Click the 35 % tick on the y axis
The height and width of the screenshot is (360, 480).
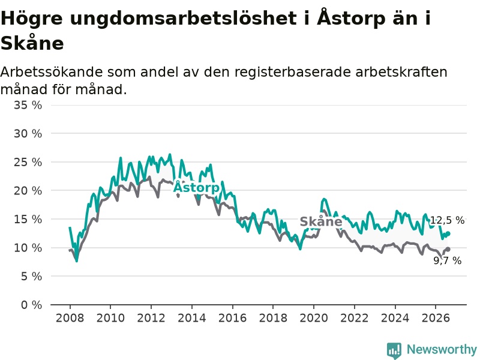pyautogui.click(x=28, y=106)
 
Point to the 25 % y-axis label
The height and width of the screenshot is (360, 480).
pyautogui.click(x=28, y=162)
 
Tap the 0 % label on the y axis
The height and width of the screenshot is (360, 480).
pyautogui.click(x=32, y=305)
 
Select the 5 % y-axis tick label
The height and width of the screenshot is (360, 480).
pyautogui.click(x=32, y=277)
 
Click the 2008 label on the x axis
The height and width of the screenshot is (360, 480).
pyautogui.click(x=70, y=318)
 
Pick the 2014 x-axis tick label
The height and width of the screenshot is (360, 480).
pyautogui.click(x=191, y=318)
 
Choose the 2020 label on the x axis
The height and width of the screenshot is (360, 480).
pyautogui.click(x=313, y=318)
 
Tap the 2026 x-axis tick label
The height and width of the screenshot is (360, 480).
pyautogui.click(x=436, y=318)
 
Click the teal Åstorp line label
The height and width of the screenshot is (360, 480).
pyautogui.click(x=196, y=187)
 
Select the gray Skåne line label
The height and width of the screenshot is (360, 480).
pyautogui.click(x=321, y=221)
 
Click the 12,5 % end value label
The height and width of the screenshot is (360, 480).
pyautogui.click(x=447, y=220)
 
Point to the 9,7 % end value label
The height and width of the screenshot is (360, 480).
pyautogui.click(x=448, y=260)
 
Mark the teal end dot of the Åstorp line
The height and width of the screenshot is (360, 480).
pyautogui.click(x=448, y=233)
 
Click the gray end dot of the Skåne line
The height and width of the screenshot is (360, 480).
pyautogui.click(x=448, y=250)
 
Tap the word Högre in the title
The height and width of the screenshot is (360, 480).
pyautogui.click(x=32, y=19)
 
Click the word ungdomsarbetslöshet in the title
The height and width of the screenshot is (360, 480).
pyautogui.click(x=183, y=19)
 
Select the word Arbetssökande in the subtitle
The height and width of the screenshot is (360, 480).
pyautogui.click(x=52, y=72)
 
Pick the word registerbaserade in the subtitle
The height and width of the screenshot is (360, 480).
pyautogui.click(x=293, y=72)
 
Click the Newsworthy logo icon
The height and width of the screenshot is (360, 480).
pyautogui.click(x=394, y=350)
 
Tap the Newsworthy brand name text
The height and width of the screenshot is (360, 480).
pyautogui.click(x=442, y=349)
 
